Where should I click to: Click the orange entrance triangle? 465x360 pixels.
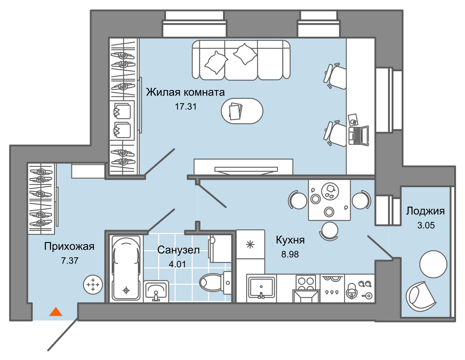click(x=56, y=312)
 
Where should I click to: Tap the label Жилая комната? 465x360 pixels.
click(x=185, y=92)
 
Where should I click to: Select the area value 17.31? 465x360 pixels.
click(x=186, y=107)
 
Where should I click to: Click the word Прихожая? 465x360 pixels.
click(x=69, y=247)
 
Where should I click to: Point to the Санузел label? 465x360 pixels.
click(x=178, y=250)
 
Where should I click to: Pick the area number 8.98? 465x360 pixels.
click(x=290, y=254)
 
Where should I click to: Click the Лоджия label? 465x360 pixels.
click(x=425, y=211)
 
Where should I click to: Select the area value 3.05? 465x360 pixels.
click(x=426, y=225)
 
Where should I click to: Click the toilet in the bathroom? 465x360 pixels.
click(x=215, y=282)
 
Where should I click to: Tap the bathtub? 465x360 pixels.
click(x=126, y=268)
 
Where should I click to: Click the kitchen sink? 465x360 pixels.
click(x=261, y=288)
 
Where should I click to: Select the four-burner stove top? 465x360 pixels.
click(x=307, y=282)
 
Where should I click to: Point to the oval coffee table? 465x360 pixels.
click(x=242, y=111)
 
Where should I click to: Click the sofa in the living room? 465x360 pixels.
click(x=241, y=60)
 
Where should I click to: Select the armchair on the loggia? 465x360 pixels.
click(x=421, y=297)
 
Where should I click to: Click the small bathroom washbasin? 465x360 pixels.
click(x=156, y=291)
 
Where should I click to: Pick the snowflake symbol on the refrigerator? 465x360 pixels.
click(x=250, y=245)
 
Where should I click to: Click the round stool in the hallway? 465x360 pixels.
click(x=93, y=285)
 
